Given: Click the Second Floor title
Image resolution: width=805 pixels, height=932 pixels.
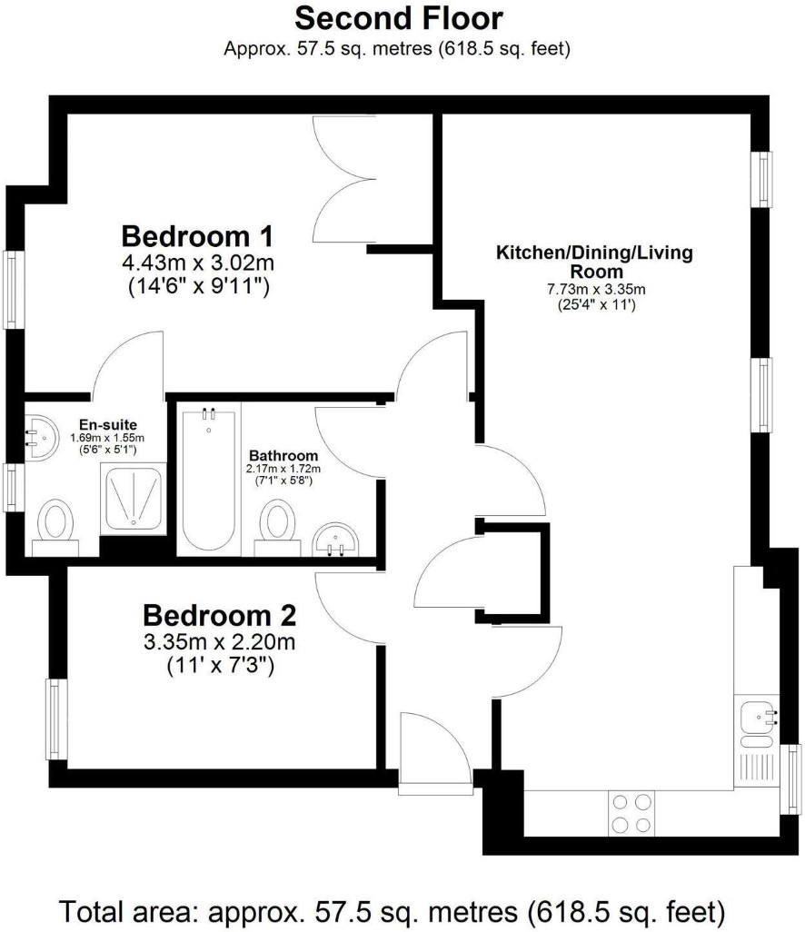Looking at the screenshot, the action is (x=399, y=18).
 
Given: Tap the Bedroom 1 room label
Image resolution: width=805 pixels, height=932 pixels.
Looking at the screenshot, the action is (x=197, y=236).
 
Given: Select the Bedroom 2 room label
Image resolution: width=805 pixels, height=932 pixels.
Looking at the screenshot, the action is (x=219, y=615).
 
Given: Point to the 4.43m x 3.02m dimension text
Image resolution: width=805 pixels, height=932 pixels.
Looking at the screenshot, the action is (x=198, y=263).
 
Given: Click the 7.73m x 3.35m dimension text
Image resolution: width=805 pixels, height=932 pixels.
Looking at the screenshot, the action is (x=596, y=290).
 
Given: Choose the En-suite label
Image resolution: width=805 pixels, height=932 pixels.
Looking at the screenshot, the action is (x=107, y=424).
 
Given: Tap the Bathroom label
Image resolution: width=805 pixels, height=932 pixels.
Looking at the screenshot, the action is (x=283, y=455).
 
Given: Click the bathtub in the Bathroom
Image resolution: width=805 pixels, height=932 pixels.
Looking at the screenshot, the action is (x=209, y=479).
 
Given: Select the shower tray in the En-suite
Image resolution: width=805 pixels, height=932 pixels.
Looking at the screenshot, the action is (x=134, y=498).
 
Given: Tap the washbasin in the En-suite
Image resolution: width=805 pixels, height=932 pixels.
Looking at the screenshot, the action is (x=41, y=437).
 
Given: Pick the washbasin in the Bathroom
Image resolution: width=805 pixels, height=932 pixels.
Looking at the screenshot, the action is (x=336, y=539).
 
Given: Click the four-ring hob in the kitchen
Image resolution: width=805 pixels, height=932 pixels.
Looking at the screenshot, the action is (x=631, y=813).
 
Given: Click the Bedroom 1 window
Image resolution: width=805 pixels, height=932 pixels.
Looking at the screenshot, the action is (x=14, y=289).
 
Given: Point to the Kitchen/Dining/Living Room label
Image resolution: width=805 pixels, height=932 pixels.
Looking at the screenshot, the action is (x=595, y=262).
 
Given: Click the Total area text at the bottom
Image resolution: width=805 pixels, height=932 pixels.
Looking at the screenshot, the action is (x=393, y=910).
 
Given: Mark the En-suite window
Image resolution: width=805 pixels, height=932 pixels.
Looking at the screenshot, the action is (x=14, y=487).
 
